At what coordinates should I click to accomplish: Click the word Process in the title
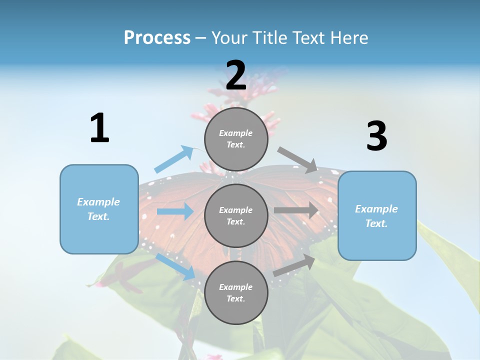coord(157,38)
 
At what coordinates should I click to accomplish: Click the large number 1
coord(99,128)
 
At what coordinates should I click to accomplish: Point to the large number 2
coord(236,75)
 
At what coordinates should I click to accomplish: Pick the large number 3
coord(376,136)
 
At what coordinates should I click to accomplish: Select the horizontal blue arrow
coord(174,211)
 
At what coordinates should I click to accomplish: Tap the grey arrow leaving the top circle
coord(297,159)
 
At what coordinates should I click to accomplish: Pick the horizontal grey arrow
coord(296,210)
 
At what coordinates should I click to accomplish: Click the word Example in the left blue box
coord(98,202)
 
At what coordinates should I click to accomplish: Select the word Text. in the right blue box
coord(376,223)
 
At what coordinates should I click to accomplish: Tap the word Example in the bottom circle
coord(236,287)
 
